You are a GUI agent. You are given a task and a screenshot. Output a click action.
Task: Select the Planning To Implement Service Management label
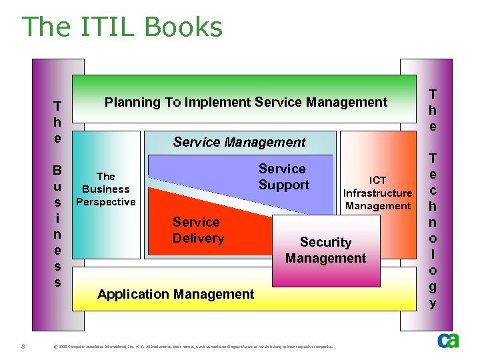point(245,102)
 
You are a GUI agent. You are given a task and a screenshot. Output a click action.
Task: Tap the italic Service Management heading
point(239,142)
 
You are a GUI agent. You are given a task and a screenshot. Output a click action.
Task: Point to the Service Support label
point(283,177)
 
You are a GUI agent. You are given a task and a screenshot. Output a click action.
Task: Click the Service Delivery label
point(198,230)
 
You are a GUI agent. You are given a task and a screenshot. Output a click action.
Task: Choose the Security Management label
point(325,250)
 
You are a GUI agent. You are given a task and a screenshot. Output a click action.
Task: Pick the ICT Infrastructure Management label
point(378,193)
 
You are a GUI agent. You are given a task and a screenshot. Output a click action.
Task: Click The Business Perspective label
point(106,189)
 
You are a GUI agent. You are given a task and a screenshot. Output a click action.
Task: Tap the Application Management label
point(175,294)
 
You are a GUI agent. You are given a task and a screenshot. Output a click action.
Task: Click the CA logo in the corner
point(447,341)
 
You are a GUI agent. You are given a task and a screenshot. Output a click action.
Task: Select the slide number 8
point(23,345)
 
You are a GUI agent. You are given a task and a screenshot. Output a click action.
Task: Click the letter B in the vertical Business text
point(57,170)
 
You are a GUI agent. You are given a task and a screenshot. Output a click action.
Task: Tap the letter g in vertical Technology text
point(433,287)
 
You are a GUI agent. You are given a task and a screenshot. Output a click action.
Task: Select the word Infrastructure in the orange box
point(378,193)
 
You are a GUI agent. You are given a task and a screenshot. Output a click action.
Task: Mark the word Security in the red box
point(325,242)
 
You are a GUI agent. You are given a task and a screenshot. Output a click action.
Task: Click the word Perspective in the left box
point(106,201)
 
